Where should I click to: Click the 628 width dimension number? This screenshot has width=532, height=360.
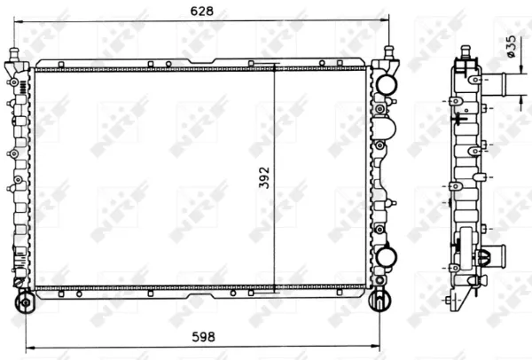[202, 11]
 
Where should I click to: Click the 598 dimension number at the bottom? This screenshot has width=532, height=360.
[203, 337]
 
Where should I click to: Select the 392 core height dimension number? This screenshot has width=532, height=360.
[264, 177]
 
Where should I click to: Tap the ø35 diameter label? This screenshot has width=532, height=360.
[511, 46]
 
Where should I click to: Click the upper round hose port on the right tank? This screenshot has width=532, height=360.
[386, 84]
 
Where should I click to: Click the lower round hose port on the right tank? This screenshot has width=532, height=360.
[386, 257]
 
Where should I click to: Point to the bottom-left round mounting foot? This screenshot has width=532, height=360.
[25, 301]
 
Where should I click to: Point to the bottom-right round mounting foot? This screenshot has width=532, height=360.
[379, 300]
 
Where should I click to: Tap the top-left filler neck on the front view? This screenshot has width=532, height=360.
[14, 55]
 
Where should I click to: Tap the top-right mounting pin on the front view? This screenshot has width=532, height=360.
[389, 53]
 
